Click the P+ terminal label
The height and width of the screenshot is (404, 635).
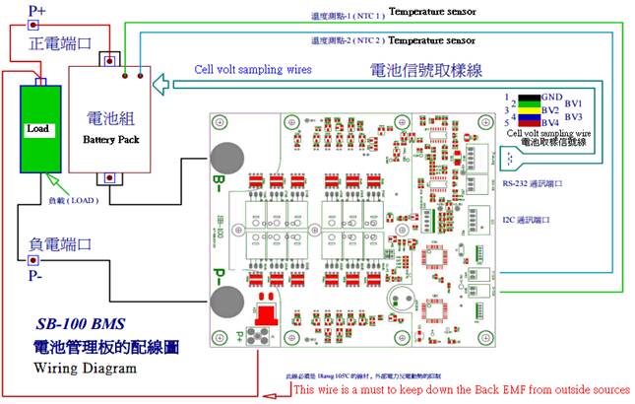click(x=36, y=11)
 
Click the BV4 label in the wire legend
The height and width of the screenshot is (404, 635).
click(x=549, y=122)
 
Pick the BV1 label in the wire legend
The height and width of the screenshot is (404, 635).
click(x=575, y=103)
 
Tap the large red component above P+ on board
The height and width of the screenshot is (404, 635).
click(x=265, y=313)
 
